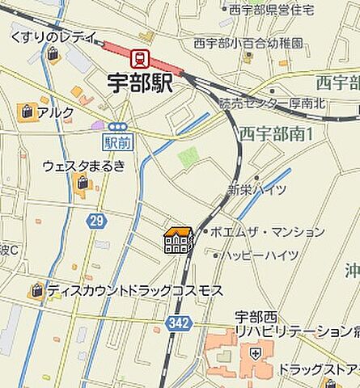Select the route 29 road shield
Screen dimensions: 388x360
click(97, 221)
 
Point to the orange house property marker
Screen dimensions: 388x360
click(178, 240)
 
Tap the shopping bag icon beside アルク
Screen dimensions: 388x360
click(28, 112)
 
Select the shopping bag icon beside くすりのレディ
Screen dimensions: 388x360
click(53, 55)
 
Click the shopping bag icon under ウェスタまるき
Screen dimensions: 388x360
click(83, 185)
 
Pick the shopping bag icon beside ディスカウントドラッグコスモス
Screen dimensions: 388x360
click(36, 290)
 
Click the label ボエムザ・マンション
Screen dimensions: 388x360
click(268, 232)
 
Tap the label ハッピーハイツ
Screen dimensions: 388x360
click(260, 255)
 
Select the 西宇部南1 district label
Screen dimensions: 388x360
click(275, 133)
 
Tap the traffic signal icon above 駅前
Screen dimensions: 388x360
click(117, 126)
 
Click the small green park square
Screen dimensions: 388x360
click(188, 157)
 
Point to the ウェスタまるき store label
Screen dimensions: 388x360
click(84, 167)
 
